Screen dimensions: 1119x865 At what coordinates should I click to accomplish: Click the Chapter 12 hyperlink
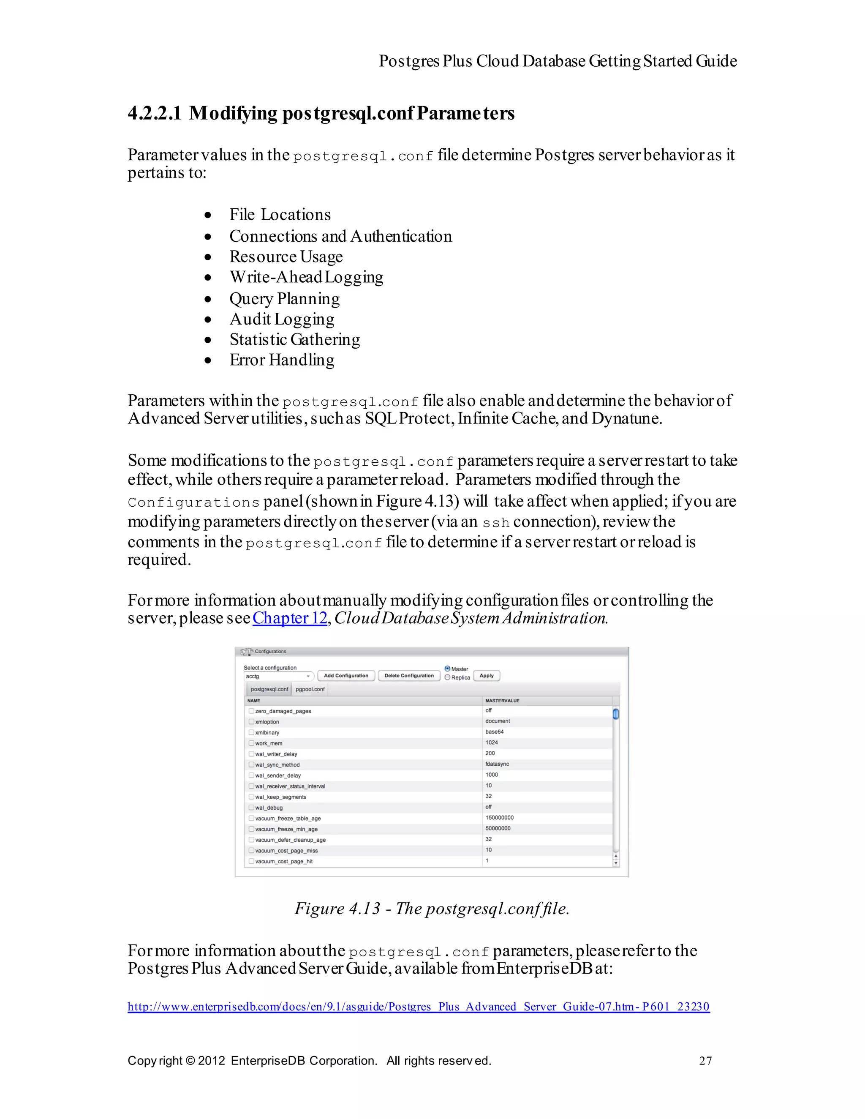pos(289,618)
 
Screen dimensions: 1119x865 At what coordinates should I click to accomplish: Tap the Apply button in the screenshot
pos(486,676)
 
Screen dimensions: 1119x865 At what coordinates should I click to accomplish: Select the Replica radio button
pos(448,677)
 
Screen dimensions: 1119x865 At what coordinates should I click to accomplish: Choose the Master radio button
pos(448,669)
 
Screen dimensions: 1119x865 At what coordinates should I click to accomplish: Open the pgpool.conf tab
pos(310,689)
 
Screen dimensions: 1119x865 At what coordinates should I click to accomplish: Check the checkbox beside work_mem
pos(251,743)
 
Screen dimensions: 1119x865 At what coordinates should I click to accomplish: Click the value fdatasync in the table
pos(497,764)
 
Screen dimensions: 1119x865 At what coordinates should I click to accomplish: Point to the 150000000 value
pos(499,818)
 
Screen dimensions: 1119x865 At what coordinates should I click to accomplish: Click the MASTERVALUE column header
pos(502,700)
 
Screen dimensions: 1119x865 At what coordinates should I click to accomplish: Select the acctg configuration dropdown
pos(278,676)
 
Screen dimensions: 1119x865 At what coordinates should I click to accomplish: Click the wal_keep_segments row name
pos(280,797)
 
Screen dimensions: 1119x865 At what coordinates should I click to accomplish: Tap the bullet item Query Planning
pos(284,299)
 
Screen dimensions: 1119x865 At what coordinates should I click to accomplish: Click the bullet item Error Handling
pos(282,360)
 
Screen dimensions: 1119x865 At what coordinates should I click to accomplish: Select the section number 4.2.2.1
pos(154,113)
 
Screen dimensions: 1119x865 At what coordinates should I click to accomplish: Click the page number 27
pos(705,1061)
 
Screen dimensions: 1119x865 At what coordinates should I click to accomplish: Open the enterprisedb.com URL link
pos(418,1006)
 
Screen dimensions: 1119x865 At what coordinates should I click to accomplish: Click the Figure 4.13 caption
pos(432,909)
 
